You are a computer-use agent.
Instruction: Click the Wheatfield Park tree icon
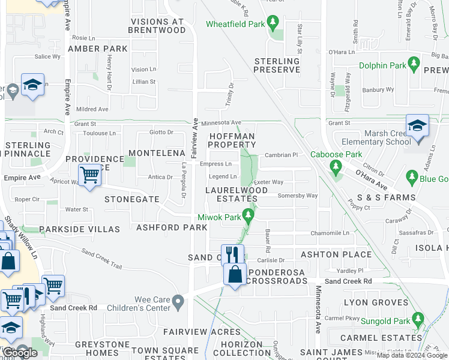[x=274, y=23]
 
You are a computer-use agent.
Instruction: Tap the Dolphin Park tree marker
[x=413, y=63]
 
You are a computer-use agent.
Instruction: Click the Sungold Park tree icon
[x=417, y=319]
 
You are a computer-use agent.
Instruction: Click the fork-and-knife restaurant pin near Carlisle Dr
[x=232, y=255]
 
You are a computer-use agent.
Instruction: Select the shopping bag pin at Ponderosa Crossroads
[x=236, y=275]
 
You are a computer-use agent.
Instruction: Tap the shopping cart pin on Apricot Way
[x=89, y=176]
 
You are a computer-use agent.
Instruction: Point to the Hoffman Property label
[x=232, y=140]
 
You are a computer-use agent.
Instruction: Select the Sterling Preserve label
[x=276, y=65]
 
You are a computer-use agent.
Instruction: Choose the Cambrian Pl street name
[x=281, y=155]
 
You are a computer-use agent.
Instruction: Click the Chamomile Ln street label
[x=329, y=233]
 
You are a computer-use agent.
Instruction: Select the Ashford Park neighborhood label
[x=172, y=227]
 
